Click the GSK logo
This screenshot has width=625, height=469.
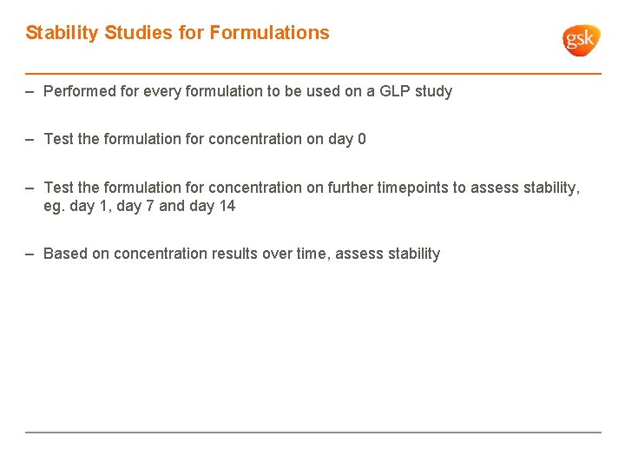pyautogui.click(x=581, y=40)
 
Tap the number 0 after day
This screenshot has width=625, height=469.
pyautogui.click(x=361, y=139)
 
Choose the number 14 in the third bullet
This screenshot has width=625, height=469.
pyautogui.click(x=227, y=207)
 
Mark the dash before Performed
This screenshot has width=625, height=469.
pyautogui.click(x=30, y=91)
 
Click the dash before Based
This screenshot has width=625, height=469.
pyautogui.click(x=30, y=254)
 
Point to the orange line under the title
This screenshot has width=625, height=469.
pyautogui.click(x=312, y=74)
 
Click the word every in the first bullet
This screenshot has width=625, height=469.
pyautogui.click(x=162, y=91)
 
